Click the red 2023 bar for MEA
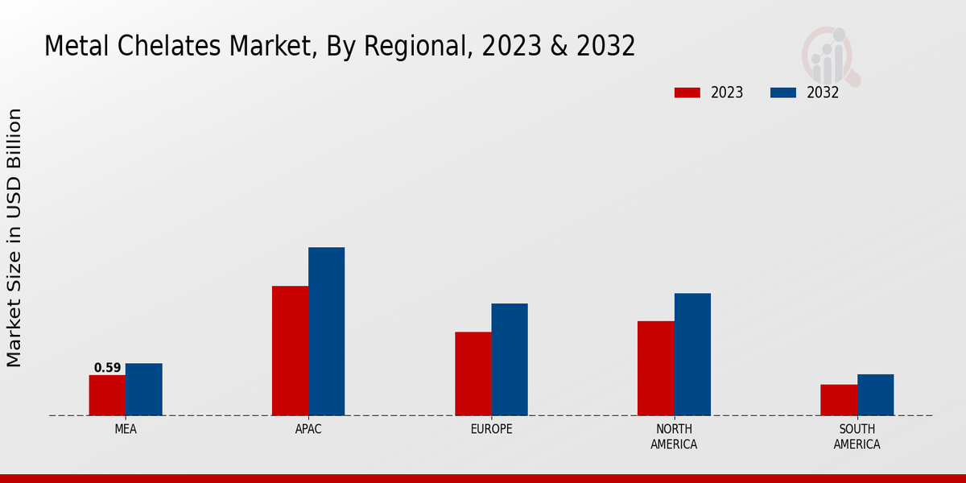[107, 395]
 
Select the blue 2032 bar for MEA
[143, 390]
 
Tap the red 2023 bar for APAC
[290, 351]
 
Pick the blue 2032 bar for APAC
[326, 332]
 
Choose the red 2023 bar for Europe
[473, 374]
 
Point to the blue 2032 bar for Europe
[510, 360]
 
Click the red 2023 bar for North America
[656, 369]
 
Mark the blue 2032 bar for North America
[692, 354]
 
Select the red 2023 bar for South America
[839, 400]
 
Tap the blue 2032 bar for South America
[875, 395]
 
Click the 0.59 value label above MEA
[107, 368]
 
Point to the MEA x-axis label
[126, 429]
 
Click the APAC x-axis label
[308, 429]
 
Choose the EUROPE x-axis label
[491, 429]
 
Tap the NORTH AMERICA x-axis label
[674, 436]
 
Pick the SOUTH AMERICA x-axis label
[857, 436]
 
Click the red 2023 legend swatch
[687, 93]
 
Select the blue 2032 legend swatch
[782, 93]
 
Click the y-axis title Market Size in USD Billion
[14, 237]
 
